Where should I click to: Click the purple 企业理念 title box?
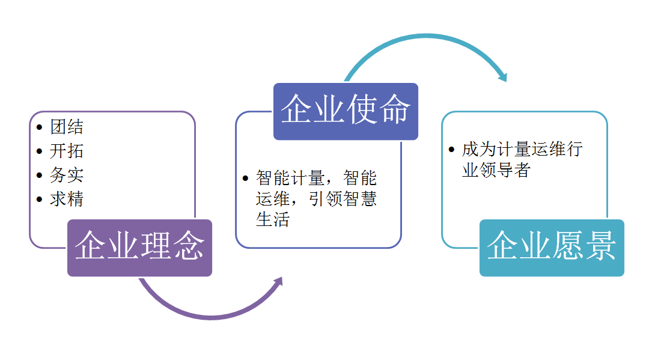140,248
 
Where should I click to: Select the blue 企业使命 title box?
346,111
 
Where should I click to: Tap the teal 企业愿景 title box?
552,248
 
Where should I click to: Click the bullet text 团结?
67,127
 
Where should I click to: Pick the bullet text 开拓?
67,151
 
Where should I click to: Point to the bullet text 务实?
67,175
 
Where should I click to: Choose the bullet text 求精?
67,200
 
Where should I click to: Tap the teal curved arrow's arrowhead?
502,76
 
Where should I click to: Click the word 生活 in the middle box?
273,220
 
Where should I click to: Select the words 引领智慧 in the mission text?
343,199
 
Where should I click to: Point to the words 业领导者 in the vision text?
496,170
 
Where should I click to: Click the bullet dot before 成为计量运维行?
451,150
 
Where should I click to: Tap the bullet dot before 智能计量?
245,178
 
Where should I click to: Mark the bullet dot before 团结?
39,127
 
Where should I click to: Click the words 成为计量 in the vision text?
496,149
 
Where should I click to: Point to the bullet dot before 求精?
39,200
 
